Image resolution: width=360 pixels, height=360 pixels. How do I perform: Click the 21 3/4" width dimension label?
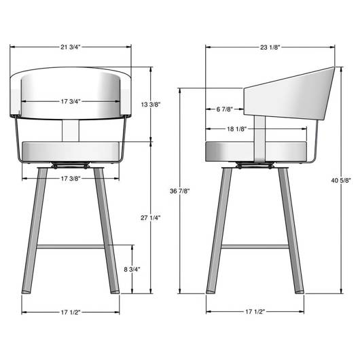(x=71, y=47)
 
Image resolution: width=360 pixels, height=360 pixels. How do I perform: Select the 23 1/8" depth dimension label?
(x=270, y=48)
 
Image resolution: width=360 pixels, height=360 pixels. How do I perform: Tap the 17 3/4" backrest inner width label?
(x=71, y=101)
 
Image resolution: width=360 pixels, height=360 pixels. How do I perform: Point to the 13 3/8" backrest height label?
(x=151, y=105)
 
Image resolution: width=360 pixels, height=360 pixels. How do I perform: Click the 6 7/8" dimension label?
(x=225, y=109)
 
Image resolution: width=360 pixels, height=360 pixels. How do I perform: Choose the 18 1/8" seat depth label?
(x=237, y=129)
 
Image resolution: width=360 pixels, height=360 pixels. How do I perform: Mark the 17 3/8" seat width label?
(x=71, y=179)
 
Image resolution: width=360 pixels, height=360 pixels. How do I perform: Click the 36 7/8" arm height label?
(x=180, y=191)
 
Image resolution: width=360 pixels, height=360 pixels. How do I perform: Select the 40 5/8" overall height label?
(x=342, y=181)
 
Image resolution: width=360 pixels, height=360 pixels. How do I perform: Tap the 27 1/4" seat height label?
(x=151, y=218)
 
